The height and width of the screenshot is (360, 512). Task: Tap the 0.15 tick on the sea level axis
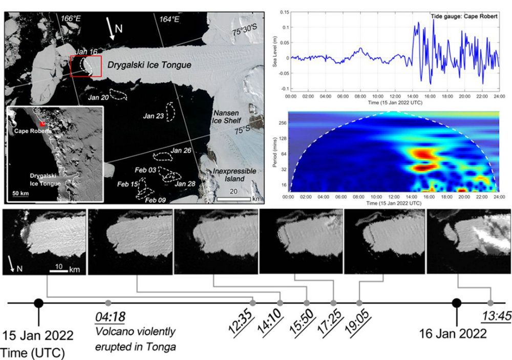282,11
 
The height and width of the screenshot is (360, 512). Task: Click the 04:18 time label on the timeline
110,317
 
